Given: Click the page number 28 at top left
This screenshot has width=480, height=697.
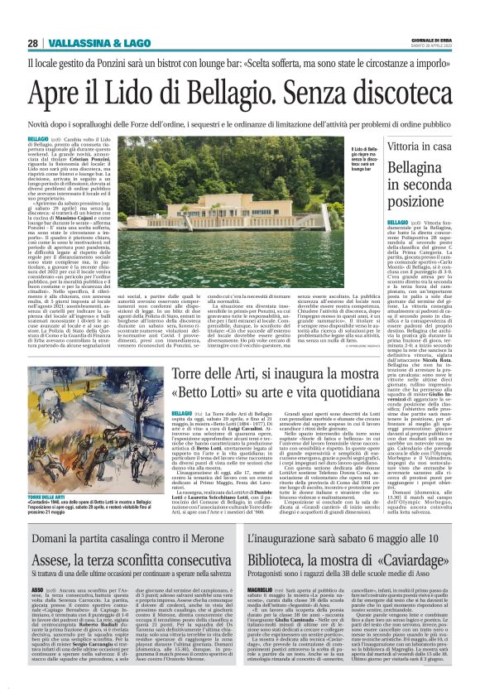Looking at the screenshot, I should pos(34,43).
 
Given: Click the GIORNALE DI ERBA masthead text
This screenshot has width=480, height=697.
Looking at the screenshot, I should pos(430,41).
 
